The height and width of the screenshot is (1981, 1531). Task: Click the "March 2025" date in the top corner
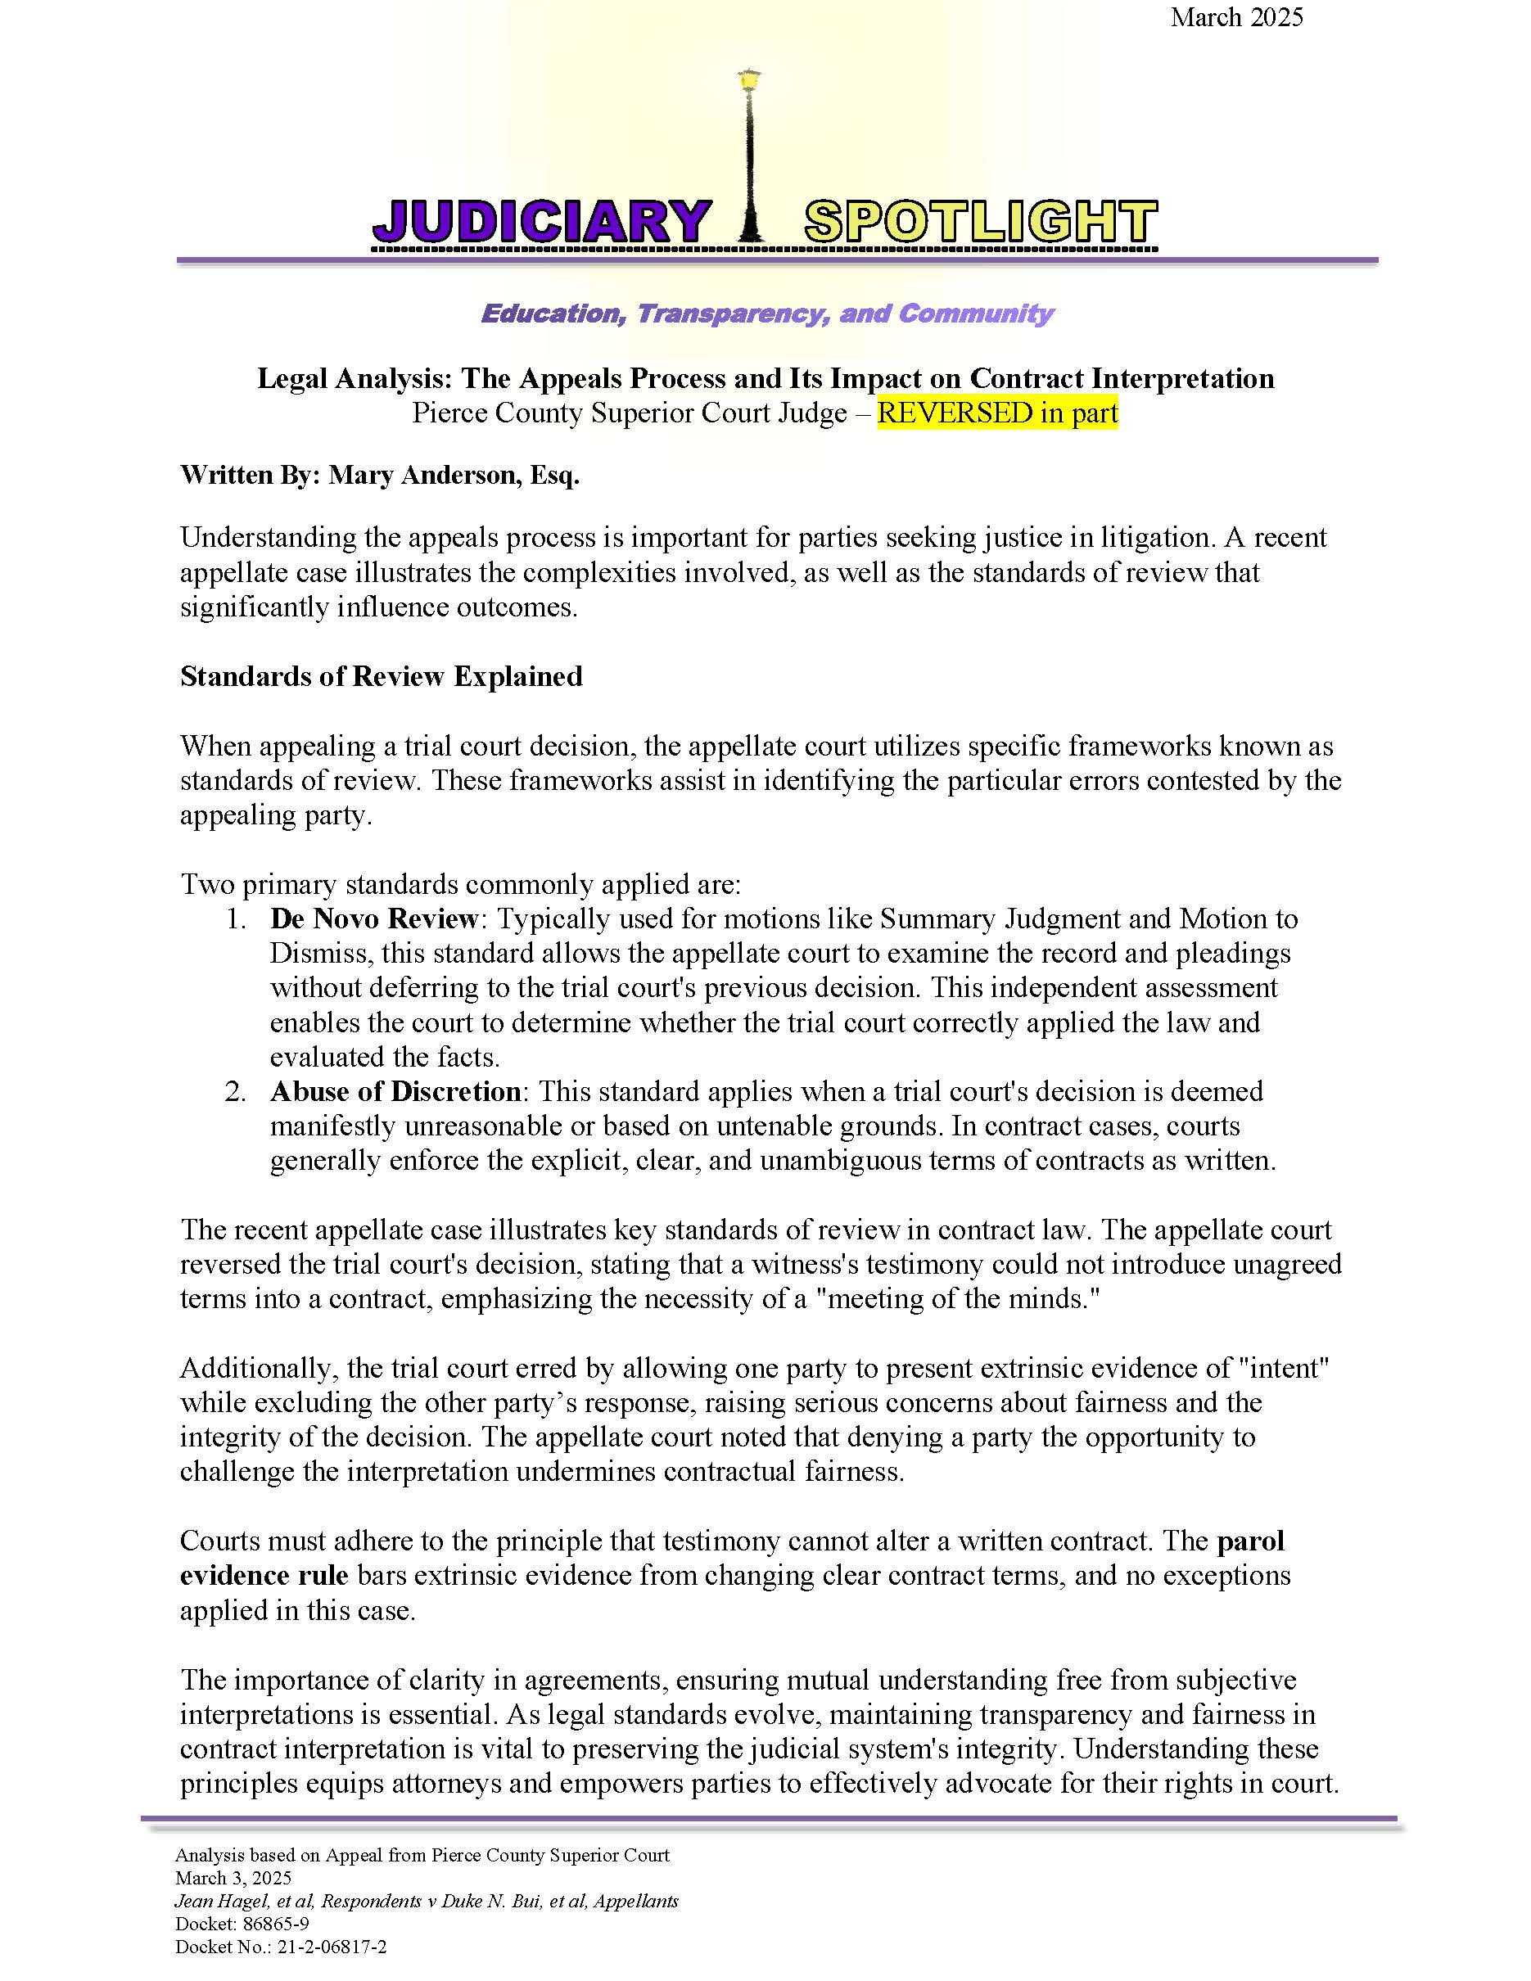[1235, 17]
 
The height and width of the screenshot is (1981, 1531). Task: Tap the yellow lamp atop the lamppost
[749, 81]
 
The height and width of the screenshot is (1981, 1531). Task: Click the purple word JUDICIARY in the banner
[541, 221]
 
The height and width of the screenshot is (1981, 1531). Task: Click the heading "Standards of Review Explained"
[381, 676]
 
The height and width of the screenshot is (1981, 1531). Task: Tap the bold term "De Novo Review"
[373, 918]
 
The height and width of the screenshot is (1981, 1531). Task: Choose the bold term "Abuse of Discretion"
[395, 1091]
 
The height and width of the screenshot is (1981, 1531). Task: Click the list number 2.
[235, 1091]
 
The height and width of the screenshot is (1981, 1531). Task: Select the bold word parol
[1250, 1541]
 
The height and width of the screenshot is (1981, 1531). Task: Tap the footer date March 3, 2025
[233, 1878]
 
